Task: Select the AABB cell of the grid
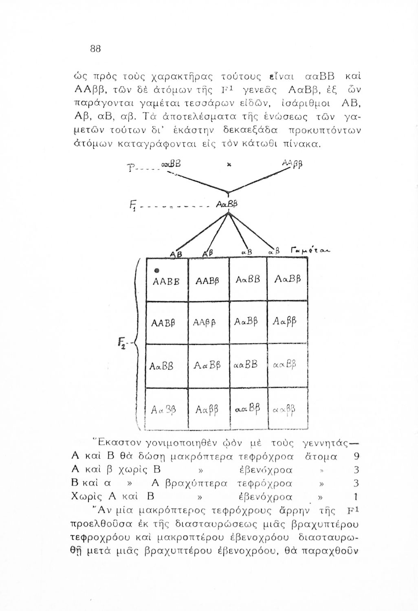tap(167, 280)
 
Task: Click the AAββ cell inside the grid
tap(208, 323)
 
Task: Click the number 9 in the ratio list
tap(357, 456)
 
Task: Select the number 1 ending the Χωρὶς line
tap(356, 497)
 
